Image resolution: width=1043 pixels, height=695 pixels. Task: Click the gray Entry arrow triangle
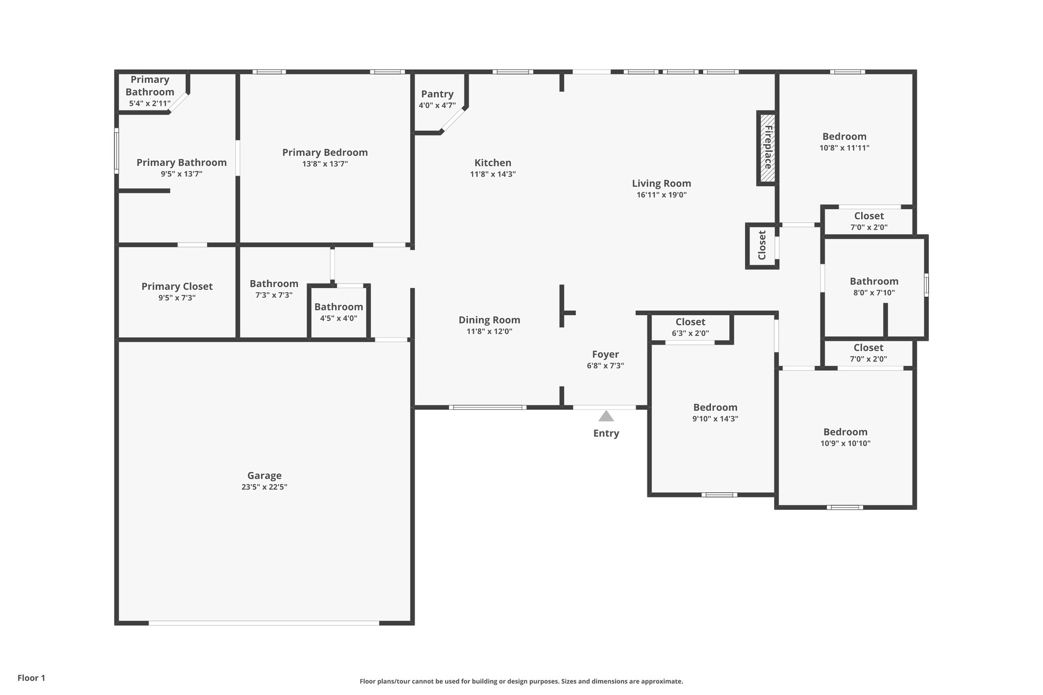pyautogui.click(x=606, y=416)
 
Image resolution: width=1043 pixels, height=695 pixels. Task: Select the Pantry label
pyautogui.click(x=437, y=94)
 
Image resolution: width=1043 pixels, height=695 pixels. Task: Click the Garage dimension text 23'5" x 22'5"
pyautogui.click(x=264, y=487)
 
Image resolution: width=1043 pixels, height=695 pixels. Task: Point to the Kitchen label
pyautogui.click(x=492, y=163)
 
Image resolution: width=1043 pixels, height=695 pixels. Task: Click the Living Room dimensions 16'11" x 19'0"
pyautogui.click(x=661, y=194)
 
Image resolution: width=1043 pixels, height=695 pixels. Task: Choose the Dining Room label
pyautogui.click(x=489, y=320)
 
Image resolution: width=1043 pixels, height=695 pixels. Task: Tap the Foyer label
pyautogui.click(x=605, y=354)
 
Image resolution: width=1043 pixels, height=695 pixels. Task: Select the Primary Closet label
pyautogui.click(x=177, y=287)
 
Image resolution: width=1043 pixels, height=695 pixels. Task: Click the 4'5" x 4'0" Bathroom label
pyautogui.click(x=338, y=307)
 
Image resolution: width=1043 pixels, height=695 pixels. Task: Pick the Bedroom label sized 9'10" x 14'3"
pyautogui.click(x=715, y=407)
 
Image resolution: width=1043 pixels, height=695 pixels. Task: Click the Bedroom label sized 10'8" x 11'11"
pyautogui.click(x=844, y=136)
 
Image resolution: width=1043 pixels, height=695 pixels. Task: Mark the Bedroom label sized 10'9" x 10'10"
pyautogui.click(x=845, y=432)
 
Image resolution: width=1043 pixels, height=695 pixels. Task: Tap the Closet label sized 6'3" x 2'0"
pyautogui.click(x=690, y=322)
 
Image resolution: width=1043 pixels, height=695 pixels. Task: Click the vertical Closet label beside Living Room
pyautogui.click(x=762, y=245)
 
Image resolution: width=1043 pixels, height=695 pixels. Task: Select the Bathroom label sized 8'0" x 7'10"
pyautogui.click(x=873, y=282)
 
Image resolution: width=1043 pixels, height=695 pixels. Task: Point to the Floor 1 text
pyautogui.click(x=32, y=678)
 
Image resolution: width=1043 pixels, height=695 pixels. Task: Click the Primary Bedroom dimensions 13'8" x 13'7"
pyautogui.click(x=325, y=164)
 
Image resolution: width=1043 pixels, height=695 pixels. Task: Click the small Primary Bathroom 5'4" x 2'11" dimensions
pyautogui.click(x=150, y=103)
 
